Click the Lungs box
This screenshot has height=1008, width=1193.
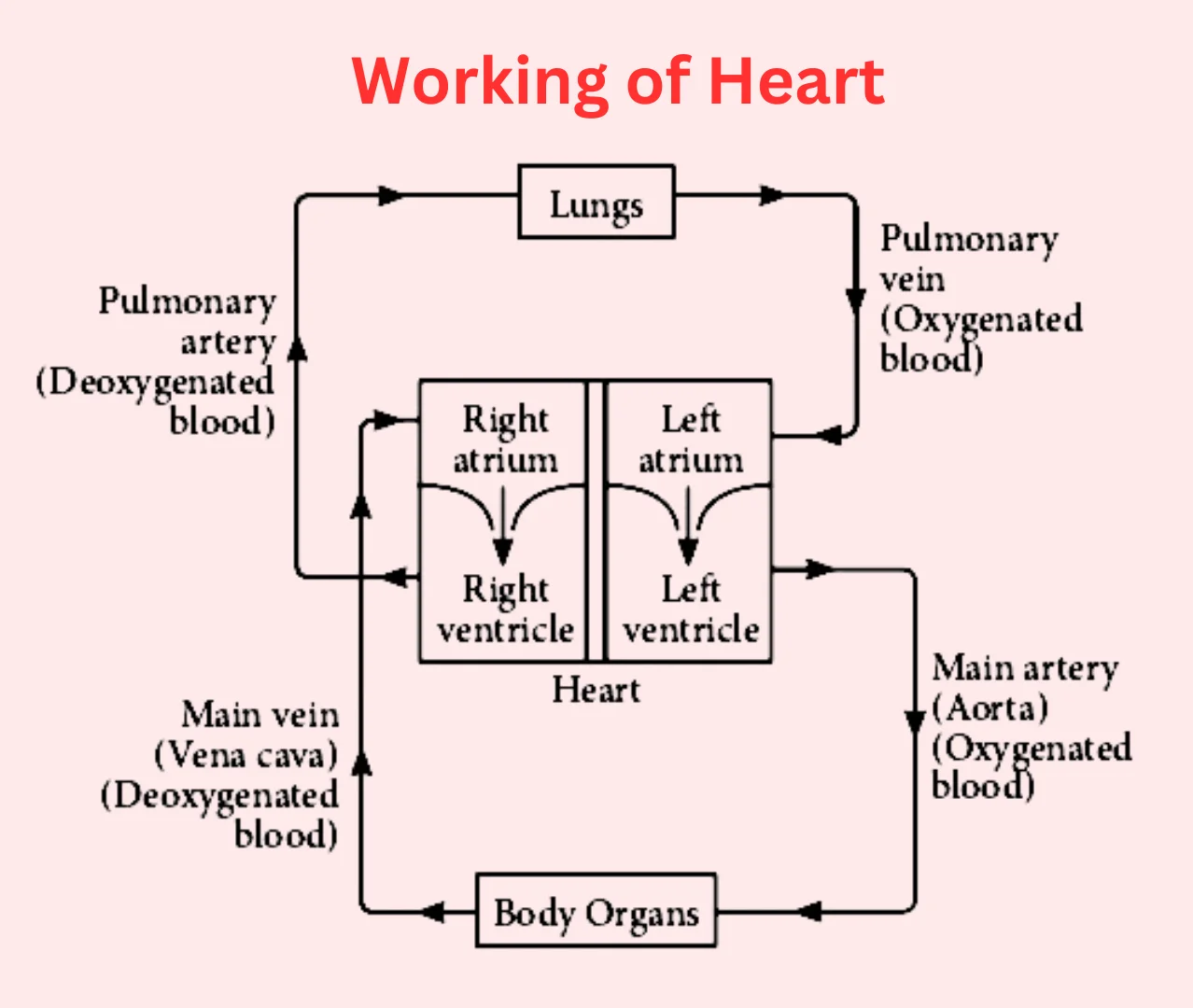coord(596,203)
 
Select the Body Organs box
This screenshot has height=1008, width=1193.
coord(596,910)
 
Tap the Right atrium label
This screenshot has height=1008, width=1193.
coord(504,439)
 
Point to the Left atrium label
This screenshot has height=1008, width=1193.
coord(690,439)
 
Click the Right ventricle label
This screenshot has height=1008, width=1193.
coord(505,609)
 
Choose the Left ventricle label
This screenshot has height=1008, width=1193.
coord(690,609)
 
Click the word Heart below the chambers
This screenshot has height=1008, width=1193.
coord(596,690)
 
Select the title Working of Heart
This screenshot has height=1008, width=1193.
coord(618,81)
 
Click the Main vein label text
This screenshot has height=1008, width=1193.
coord(260,714)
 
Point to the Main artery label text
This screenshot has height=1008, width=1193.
coord(1024,667)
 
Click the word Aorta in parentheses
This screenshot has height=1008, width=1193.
coord(990,708)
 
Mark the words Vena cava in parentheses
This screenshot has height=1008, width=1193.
coord(246,754)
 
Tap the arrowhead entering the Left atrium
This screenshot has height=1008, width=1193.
coord(829,434)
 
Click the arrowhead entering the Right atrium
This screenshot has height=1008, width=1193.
coord(385,420)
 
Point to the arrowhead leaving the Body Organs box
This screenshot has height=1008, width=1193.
coord(433,911)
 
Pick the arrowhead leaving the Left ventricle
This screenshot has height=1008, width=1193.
coord(818,568)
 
